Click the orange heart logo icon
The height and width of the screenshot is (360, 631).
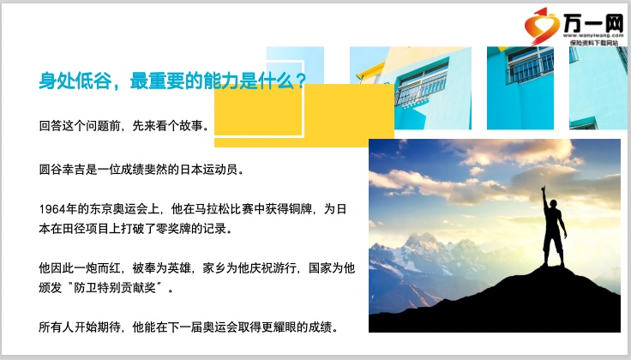[541, 27]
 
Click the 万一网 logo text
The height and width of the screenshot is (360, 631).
[593, 23]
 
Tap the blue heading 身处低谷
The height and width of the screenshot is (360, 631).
[75, 81]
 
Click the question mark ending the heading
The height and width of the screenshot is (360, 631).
[300, 81]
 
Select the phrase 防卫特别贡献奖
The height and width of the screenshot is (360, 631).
[115, 288]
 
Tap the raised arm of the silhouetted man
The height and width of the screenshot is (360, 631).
[545, 198]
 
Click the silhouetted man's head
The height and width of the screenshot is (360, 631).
[553, 204]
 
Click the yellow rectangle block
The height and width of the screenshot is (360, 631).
[303, 116]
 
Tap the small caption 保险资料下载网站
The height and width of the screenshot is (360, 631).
[593, 42]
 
